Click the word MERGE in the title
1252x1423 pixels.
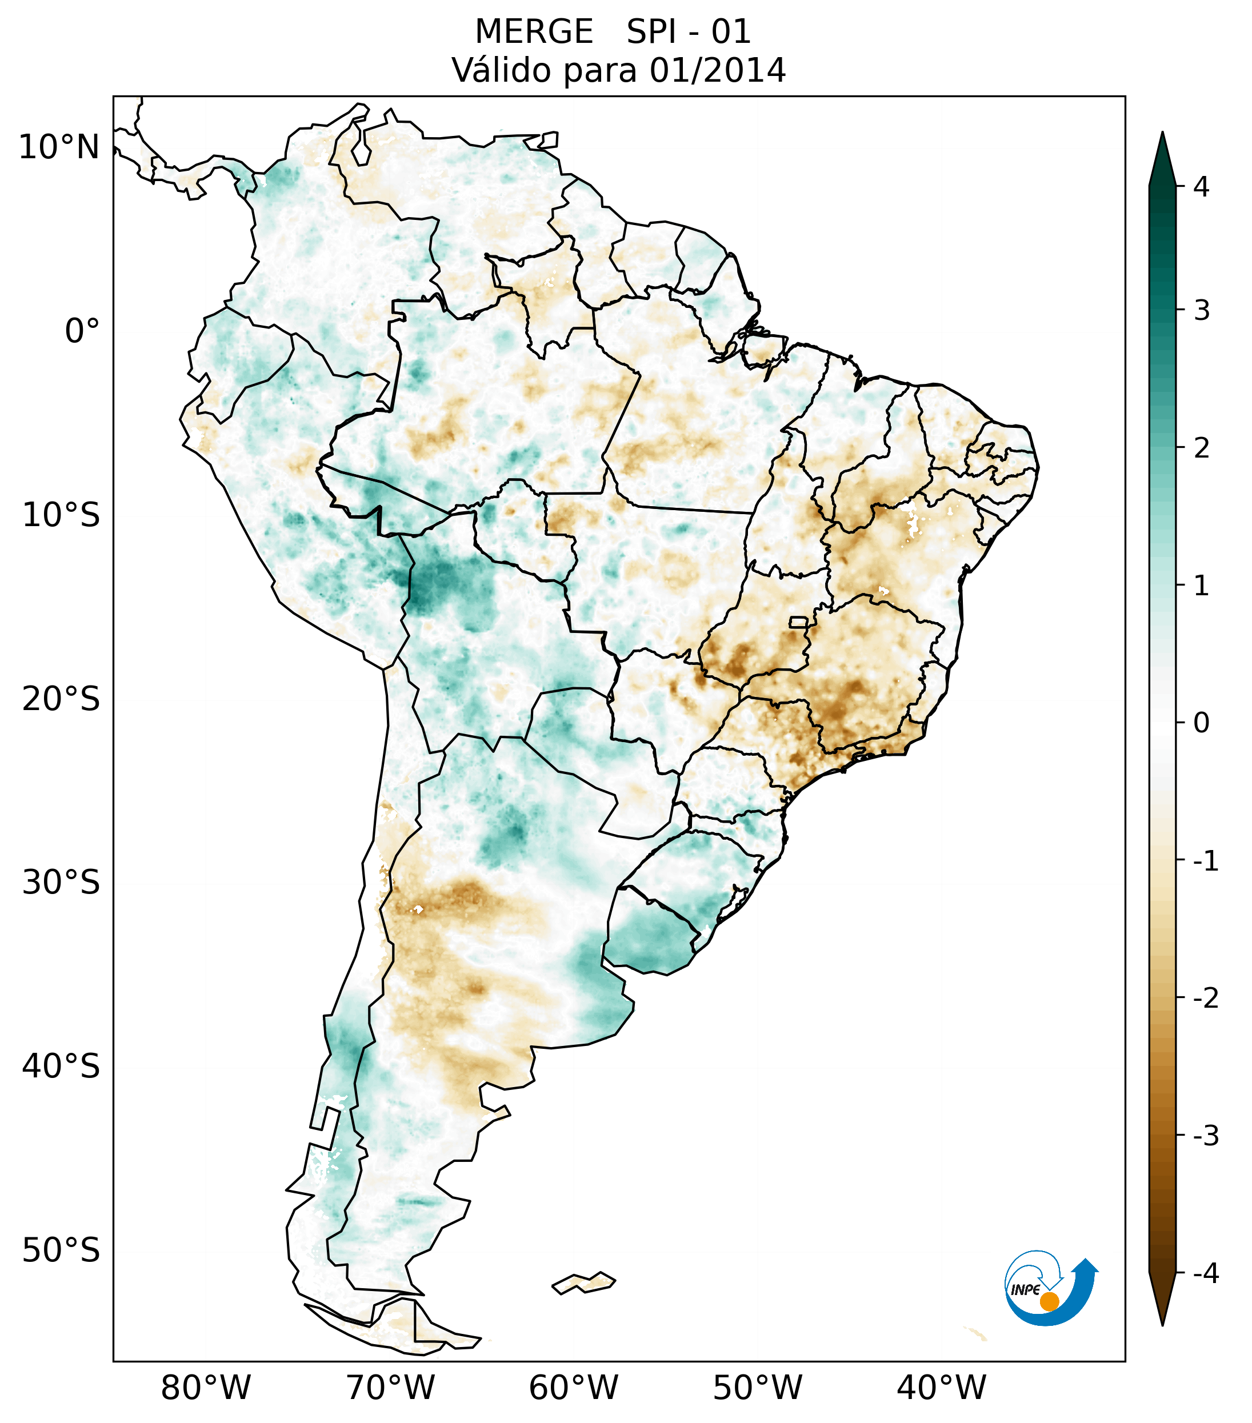(x=534, y=32)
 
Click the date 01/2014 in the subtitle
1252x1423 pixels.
(x=717, y=70)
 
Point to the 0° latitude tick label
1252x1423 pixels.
(x=82, y=331)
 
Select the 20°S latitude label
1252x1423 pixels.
(x=61, y=699)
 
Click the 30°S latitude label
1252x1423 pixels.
(x=61, y=883)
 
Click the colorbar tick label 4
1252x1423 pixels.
(x=1201, y=187)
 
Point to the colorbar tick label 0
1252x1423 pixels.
(x=1201, y=723)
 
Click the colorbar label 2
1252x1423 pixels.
(x=1201, y=448)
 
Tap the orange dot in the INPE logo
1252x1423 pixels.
(x=1049, y=1301)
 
